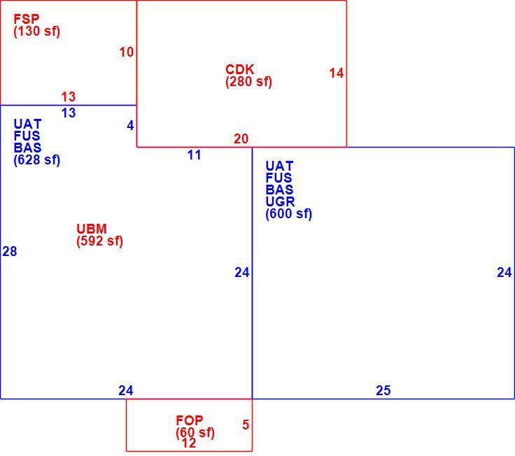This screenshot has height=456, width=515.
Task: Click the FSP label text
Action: point(27,19)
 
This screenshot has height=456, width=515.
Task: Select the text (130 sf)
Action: point(37,31)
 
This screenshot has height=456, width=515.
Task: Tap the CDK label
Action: point(240,69)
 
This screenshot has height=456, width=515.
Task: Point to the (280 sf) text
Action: point(248,81)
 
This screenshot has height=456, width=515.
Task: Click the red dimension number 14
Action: point(337,73)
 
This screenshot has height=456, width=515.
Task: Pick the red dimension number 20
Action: point(241,139)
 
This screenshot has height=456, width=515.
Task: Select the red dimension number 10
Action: point(127,52)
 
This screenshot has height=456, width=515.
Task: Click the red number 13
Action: point(69,97)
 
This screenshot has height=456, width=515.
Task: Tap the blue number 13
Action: point(69,113)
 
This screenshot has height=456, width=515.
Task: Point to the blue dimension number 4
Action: point(130,125)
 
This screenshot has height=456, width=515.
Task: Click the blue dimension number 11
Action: point(194,155)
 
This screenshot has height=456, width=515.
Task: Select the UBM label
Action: point(92,229)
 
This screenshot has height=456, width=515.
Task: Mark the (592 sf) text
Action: point(100,241)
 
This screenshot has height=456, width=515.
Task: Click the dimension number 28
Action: point(10,251)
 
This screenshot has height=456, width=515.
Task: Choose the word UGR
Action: point(280,201)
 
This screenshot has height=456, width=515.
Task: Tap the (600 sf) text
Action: point(289,214)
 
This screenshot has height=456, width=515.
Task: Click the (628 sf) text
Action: point(37,160)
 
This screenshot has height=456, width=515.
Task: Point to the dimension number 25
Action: point(383,390)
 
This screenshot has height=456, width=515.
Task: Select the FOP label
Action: point(190,420)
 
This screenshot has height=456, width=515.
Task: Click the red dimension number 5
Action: point(246,425)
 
